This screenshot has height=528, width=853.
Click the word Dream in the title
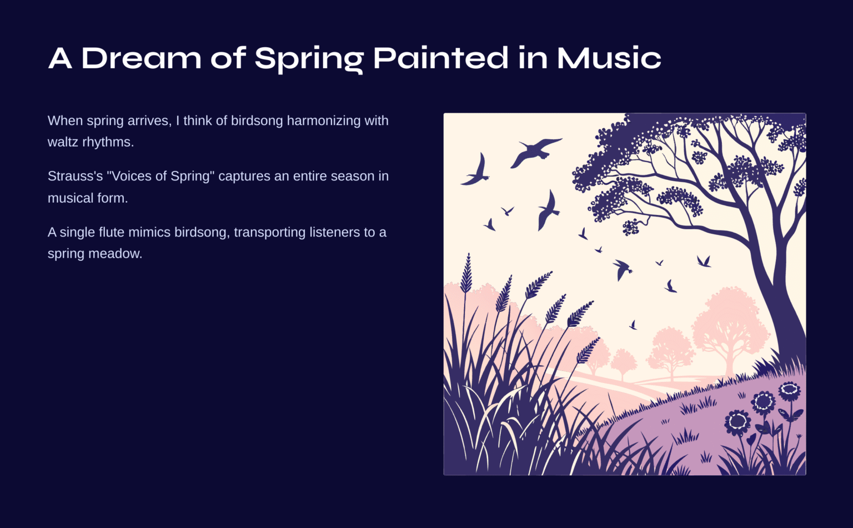point(141,58)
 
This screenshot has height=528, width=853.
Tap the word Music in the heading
point(609,58)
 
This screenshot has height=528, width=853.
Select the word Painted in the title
point(440,58)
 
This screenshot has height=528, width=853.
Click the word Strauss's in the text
point(75,176)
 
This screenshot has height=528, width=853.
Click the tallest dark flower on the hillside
point(789,391)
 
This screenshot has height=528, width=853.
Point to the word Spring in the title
point(309,58)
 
